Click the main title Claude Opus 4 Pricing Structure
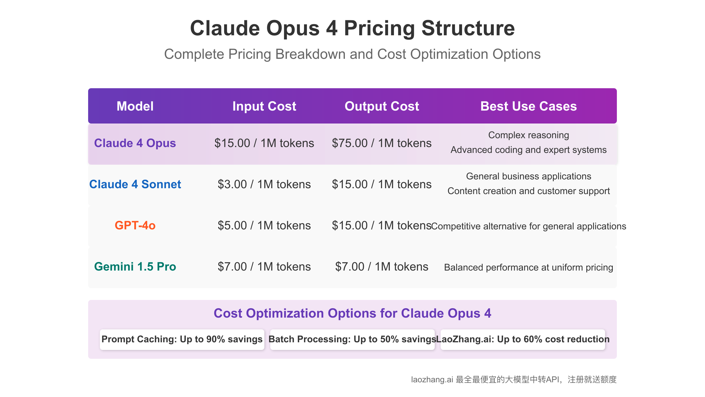coord(352,28)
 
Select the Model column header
coord(135,106)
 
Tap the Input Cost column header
coord(264,106)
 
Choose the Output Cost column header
coord(382,106)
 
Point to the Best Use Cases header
coord(529,106)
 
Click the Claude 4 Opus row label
coord(135,143)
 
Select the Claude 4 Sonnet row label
coord(135,184)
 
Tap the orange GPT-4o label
coord(135,225)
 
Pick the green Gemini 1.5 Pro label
coord(135,266)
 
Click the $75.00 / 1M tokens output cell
coord(382,143)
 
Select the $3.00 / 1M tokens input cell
coord(264,184)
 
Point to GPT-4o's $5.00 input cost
coord(264,226)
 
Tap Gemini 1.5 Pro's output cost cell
coord(382,267)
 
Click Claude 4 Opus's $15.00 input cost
coord(264,143)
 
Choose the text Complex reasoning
coord(529,135)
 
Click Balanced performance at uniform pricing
coord(529,267)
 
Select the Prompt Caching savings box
coord(182,340)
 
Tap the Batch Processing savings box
coord(352,340)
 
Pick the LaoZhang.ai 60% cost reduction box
coord(523,340)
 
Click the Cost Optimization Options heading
coord(352,313)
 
